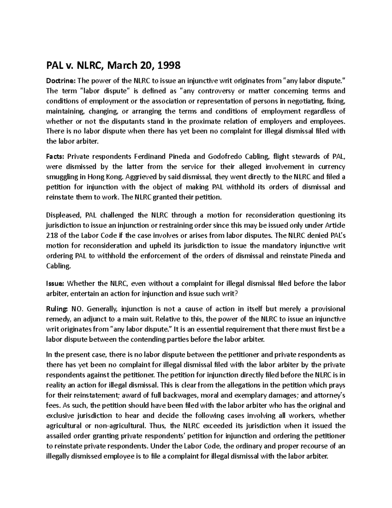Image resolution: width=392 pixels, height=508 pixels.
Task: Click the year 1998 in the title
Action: tap(169, 66)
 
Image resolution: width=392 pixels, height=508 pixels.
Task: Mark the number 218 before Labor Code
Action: tap(51, 235)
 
